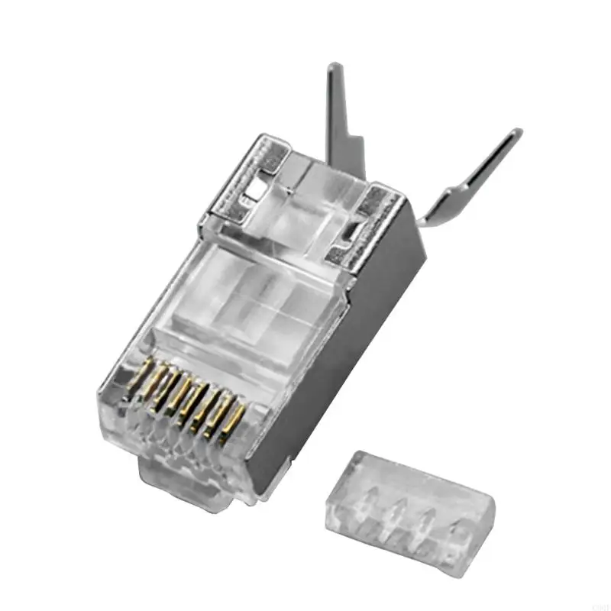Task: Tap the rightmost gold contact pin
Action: coord(236,419)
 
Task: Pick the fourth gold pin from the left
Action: coord(183,396)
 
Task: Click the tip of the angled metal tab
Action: coord(516,134)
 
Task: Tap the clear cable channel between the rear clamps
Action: coord(313,191)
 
